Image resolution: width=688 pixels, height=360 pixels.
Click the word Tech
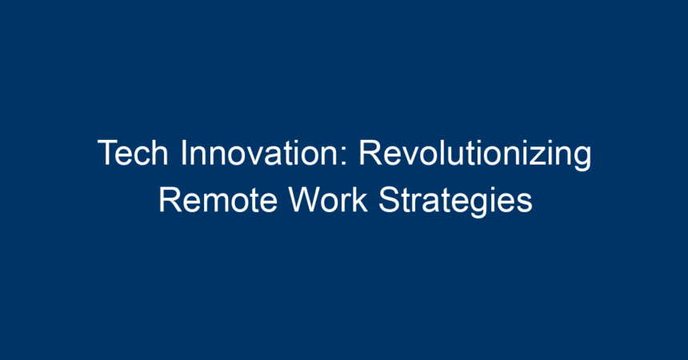[133, 153]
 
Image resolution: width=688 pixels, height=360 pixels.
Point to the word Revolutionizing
[475, 154]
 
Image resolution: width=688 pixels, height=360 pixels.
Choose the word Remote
[218, 200]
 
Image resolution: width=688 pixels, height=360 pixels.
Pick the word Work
[328, 200]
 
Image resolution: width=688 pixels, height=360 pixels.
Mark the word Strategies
[455, 202]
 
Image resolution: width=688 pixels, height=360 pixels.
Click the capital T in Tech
[108, 153]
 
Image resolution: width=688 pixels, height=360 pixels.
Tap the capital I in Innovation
[183, 153]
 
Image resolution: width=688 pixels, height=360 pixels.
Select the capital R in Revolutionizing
[370, 153]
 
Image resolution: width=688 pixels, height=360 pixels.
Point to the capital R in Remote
[170, 200]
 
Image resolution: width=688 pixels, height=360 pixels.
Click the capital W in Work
[306, 200]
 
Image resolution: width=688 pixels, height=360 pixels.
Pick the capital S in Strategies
[388, 200]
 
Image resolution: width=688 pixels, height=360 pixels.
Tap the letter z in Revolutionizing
[539, 157]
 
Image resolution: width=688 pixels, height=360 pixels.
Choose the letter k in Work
[361, 200]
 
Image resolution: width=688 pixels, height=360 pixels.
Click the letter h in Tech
[160, 153]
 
